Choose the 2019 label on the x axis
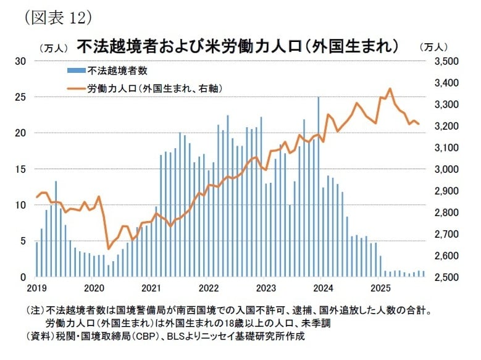37,288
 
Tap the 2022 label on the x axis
209,288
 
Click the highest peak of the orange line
390,89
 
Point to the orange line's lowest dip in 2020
109,249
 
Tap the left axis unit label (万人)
53,48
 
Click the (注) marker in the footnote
34,312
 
